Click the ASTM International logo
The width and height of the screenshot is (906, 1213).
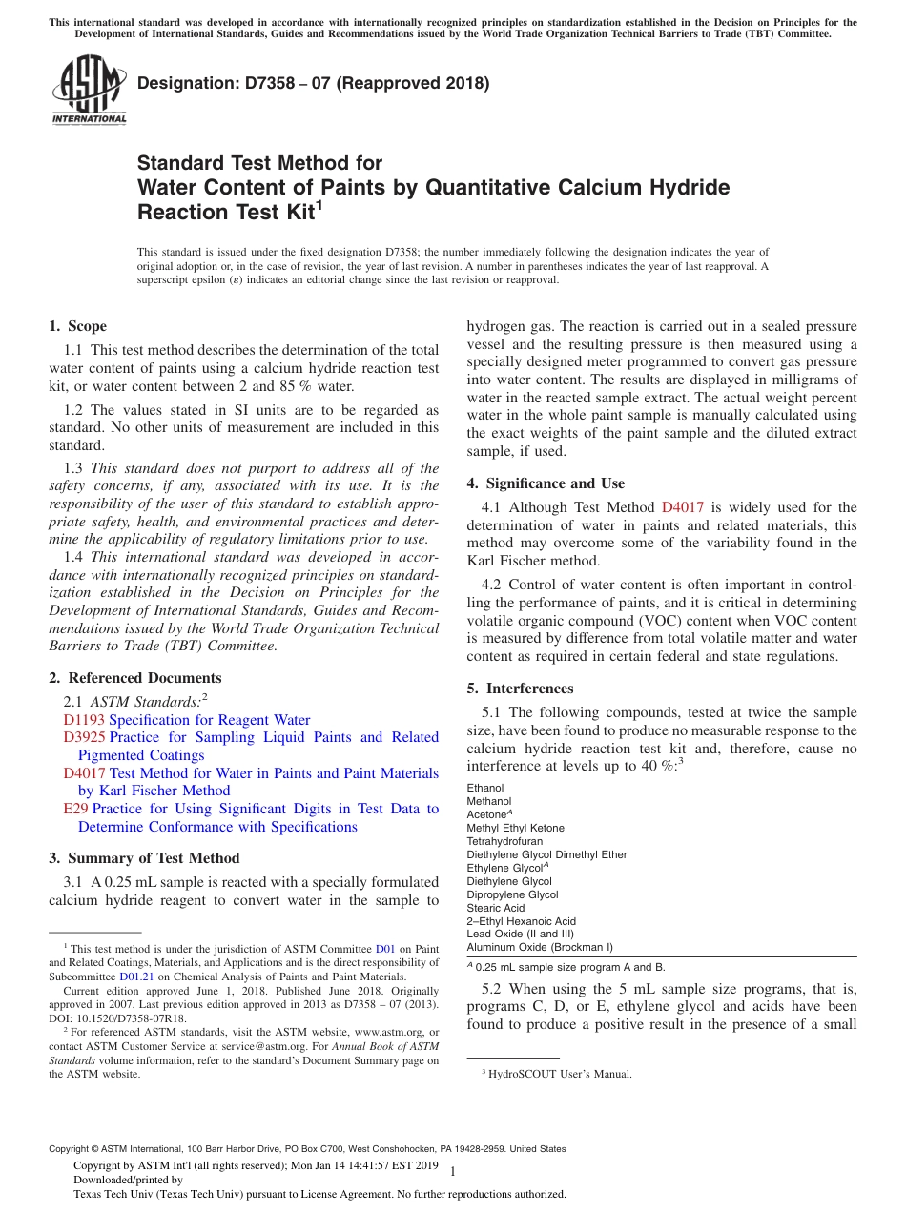tap(89, 91)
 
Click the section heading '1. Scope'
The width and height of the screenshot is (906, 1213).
tap(78, 326)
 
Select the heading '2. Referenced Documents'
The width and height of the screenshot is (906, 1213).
tap(135, 678)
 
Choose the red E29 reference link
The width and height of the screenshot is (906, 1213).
tap(75, 809)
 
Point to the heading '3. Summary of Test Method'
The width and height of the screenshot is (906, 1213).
tap(145, 857)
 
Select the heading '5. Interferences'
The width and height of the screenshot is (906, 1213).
tap(521, 688)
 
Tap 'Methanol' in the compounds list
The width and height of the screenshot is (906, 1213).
tap(488, 801)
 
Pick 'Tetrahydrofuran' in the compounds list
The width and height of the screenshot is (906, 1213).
tap(504, 841)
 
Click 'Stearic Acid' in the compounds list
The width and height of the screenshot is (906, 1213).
tap(496, 908)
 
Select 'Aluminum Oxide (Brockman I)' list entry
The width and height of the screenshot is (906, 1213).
tap(540, 948)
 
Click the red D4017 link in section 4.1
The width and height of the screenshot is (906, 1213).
tap(679, 507)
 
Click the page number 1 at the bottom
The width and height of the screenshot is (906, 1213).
tap(452, 1171)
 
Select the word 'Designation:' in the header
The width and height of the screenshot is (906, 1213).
tap(175, 83)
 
